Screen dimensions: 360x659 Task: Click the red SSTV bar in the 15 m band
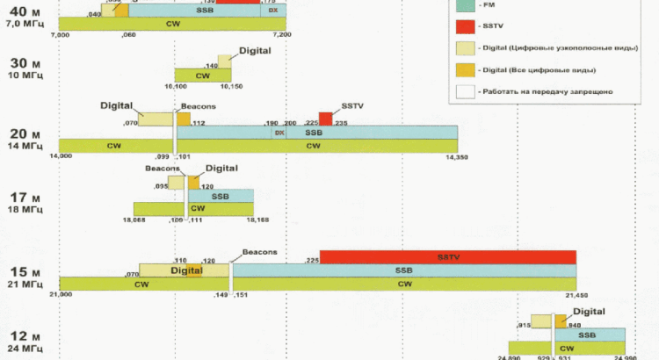(448, 256)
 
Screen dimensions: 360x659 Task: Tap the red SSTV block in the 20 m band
(326, 119)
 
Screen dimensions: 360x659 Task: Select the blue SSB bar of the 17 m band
(220, 196)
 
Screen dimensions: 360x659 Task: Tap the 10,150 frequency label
(231, 86)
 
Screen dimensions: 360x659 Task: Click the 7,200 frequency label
(281, 33)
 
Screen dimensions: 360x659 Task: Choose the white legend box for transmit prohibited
(466, 90)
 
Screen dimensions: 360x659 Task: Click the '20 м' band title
(25, 133)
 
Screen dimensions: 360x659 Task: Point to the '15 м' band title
(25, 271)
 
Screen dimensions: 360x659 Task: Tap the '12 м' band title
(25, 337)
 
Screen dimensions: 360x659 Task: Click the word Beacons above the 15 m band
(259, 252)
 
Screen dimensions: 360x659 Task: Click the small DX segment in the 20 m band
(279, 133)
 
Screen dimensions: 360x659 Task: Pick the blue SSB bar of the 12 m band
(590, 335)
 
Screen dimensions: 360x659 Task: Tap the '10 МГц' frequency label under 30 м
(25, 76)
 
